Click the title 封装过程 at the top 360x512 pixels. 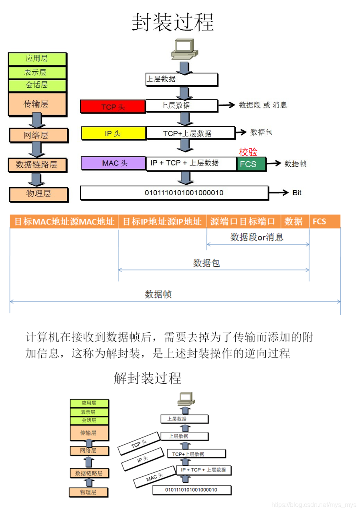tap(173, 22)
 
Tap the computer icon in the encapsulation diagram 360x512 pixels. tap(184, 49)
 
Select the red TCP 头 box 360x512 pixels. tap(113, 107)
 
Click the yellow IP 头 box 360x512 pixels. tap(113, 133)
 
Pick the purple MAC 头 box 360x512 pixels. tap(113, 163)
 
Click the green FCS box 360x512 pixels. tap(251, 164)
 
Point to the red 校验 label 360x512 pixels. tap(248, 152)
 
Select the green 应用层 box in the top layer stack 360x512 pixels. tap(37, 59)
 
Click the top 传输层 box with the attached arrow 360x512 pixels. tap(37, 104)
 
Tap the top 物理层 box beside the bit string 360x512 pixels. tap(38, 194)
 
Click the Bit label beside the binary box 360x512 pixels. tap(297, 193)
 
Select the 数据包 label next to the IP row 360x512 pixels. tap(261, 132)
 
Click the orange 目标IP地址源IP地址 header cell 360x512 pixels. tap(162, 222)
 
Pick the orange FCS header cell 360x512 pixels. tap(324, 222)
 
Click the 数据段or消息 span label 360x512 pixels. tap(257, 237)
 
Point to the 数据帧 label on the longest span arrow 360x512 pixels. tap(158, 295)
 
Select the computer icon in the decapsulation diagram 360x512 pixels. tap(185, 398)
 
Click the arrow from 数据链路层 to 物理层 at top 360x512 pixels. tap(37, 179)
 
